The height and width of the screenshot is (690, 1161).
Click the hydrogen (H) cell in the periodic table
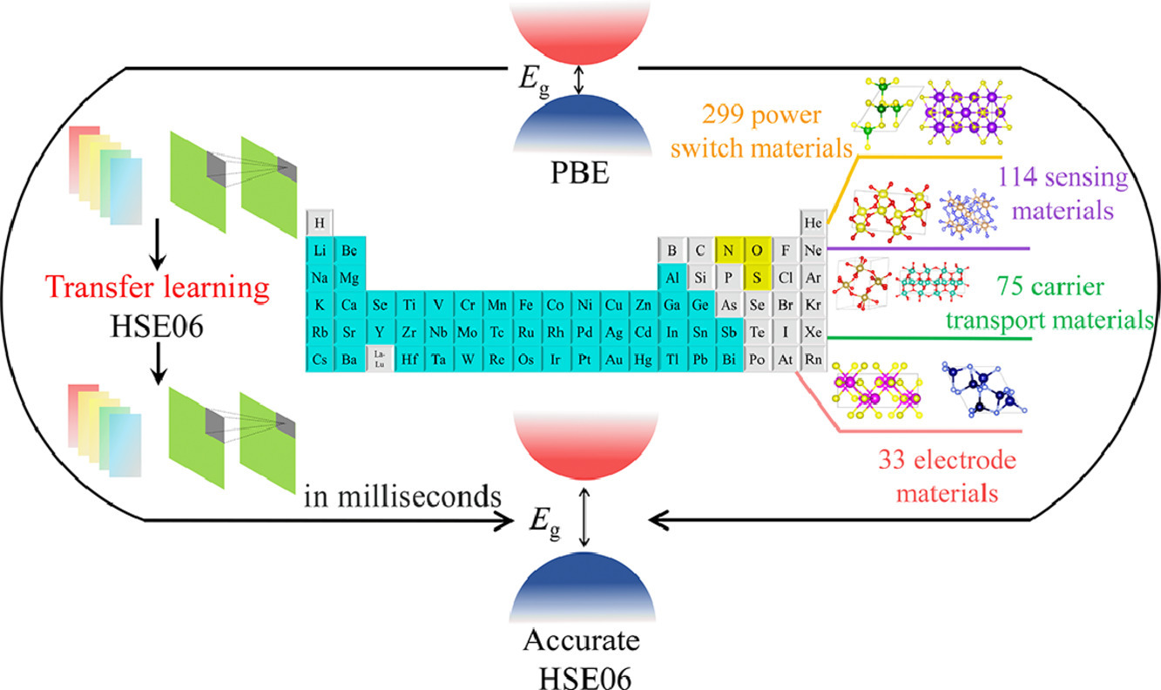320,223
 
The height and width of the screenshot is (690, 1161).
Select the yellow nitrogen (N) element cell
727,251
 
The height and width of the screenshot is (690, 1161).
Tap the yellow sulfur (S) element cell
757,278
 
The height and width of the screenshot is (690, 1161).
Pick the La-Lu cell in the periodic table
379,359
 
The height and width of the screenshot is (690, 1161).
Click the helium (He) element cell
814,223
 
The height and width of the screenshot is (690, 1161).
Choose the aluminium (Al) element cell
672,278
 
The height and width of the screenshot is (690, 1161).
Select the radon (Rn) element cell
814,359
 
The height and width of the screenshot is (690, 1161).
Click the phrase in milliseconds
403,498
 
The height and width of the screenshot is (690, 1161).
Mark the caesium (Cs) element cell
320,359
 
